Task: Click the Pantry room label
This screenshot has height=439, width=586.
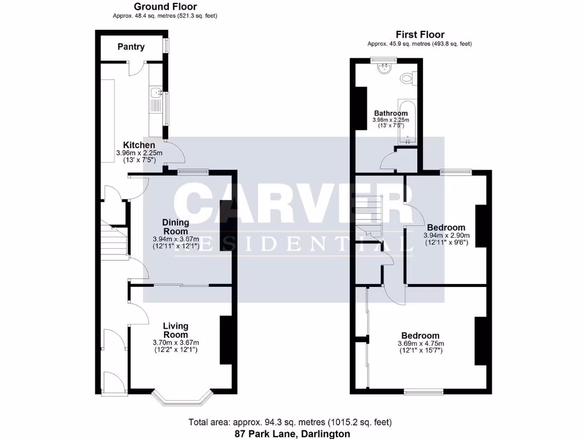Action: point(131,47)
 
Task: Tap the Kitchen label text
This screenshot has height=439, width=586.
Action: point(139,145)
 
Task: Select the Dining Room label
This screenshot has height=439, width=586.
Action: point(176,226)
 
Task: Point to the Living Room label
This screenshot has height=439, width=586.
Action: point(176,330)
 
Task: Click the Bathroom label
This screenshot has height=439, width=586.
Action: point(391,113)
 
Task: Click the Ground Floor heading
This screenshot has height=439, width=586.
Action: point(165,6)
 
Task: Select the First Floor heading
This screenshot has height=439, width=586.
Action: point(419,34)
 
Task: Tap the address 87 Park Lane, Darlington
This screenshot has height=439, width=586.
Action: point(292,434)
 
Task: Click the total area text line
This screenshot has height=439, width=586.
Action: point(290,422)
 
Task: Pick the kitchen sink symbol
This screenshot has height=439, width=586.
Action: point(155,95)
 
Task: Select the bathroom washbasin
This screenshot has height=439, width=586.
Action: point(385,69)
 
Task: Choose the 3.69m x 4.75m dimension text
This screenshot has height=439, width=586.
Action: point(421,344)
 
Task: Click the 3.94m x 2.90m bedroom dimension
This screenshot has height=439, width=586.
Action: point(446,235)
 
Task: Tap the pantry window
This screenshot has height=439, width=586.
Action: point(167,46)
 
